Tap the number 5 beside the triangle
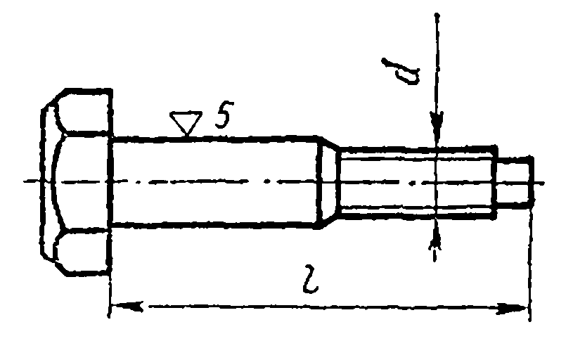point(224,115)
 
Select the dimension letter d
point(402,72)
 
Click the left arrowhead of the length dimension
point(126,307)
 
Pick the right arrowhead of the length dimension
point(513,309)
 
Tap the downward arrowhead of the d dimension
point(437,128)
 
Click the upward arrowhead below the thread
point(435,235)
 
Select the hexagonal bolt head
point(76,181)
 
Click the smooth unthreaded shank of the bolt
point(216,181)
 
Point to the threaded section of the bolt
point(418,181)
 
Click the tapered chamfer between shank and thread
point(330,181)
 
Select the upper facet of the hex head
point(84,112)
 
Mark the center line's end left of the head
point(24,181)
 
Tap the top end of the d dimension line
point(437,15)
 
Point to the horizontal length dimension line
point(319,308)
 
